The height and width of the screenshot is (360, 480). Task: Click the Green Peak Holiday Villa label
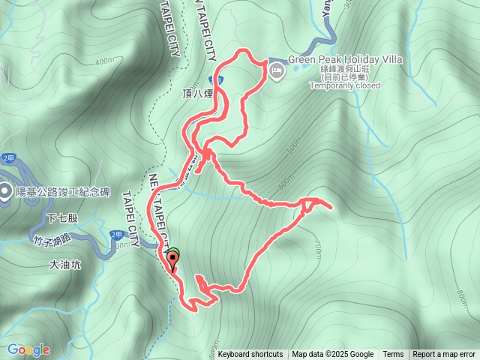(345, 59)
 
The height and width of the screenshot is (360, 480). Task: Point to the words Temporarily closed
(345, 85)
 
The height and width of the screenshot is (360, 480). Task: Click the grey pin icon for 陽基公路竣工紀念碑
(4, 191)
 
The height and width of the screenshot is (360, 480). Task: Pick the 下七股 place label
(61, 218)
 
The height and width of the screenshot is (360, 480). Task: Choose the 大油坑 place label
(65, 264)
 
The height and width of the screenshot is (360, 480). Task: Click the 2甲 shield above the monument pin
(8, 158)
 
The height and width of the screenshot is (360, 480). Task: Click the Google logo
(28, 349)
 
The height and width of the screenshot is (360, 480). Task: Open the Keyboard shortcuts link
(250, 355)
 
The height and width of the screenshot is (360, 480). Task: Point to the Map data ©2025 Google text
(332, 355)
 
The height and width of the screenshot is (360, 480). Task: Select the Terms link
(393, 355)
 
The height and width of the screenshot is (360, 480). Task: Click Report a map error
(444, 355)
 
